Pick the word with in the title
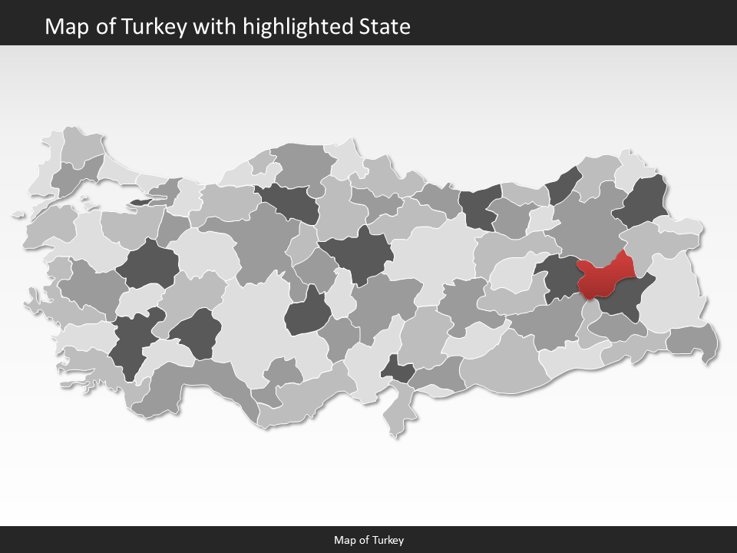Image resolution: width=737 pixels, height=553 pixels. point(216,27)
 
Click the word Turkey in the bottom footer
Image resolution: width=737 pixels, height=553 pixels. point(388,540)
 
